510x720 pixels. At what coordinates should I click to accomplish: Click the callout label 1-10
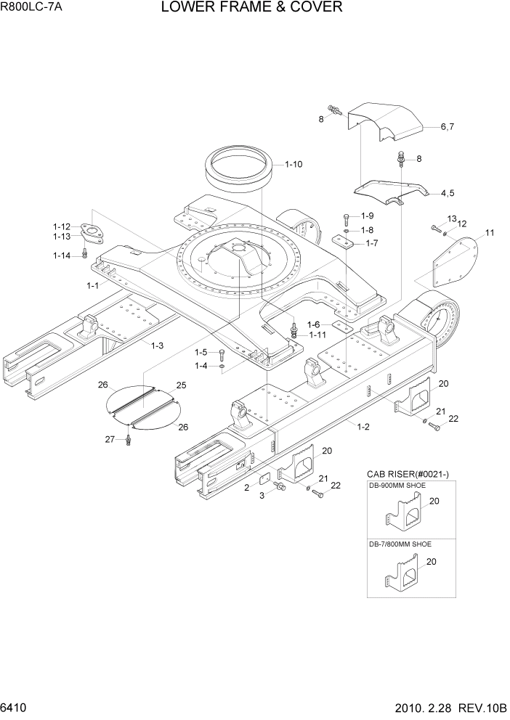click(x=294, y=164)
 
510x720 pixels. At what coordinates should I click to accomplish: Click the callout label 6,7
click(x=447, y=127)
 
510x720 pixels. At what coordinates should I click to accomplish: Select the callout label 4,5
click(x=447, y=193)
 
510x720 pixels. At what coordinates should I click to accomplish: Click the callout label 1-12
click(x=61, y=226)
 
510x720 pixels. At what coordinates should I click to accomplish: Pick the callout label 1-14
click(x=61, y=255)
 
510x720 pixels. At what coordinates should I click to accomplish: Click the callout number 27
click(x=110, y=438)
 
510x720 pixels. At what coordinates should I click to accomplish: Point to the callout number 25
click(x=181, y=385)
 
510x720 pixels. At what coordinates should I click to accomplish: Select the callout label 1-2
click(x=363, y=426)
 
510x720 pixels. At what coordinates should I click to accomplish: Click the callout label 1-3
click(x=157, y=345)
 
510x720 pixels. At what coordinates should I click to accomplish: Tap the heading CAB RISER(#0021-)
click(x=408, y=474)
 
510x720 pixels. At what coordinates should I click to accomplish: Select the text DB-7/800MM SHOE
click(x=400, y=544)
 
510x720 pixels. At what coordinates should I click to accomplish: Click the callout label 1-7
click(x=371, y=243)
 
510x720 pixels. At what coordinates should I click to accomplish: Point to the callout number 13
click(x=451, y=218)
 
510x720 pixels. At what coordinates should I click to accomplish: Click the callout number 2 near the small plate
click(x=247, y=488)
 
